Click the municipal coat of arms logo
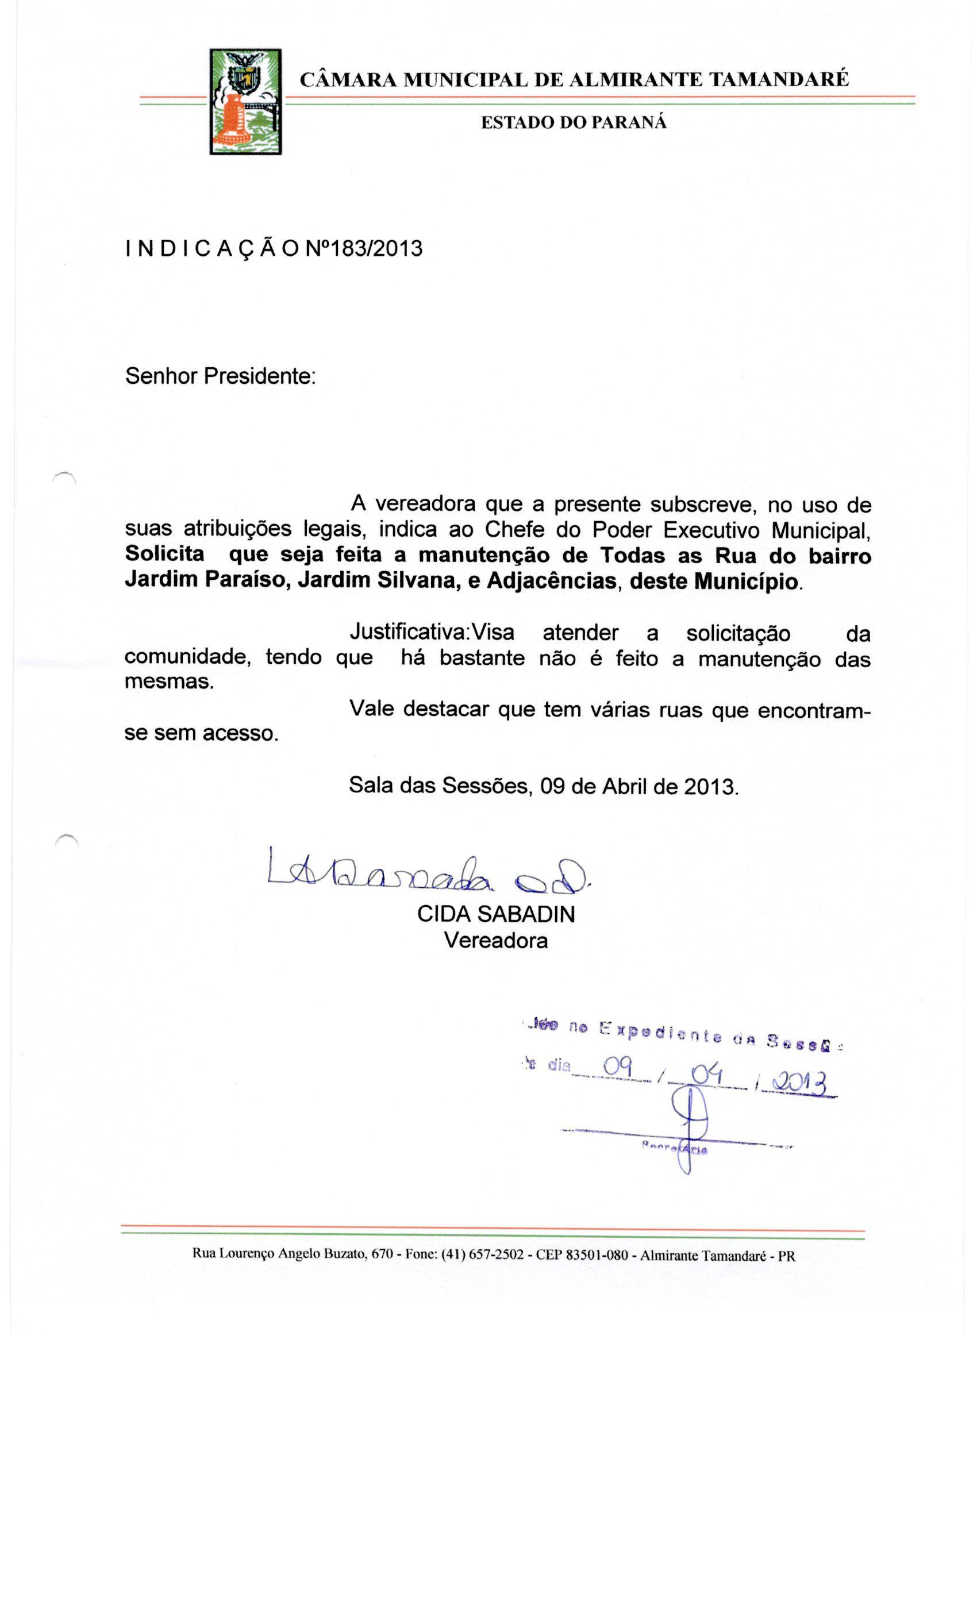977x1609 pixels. [x=245, y=102]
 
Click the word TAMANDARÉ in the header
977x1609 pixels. [x=779, y=80]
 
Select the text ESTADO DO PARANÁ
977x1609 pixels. [x=574, y=123]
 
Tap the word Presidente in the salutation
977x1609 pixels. [x=259, y=376]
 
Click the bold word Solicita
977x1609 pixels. [x=164, y=555]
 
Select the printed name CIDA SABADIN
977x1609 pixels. [x=495, y=914]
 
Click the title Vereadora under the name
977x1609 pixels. [x=495, y=940]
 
